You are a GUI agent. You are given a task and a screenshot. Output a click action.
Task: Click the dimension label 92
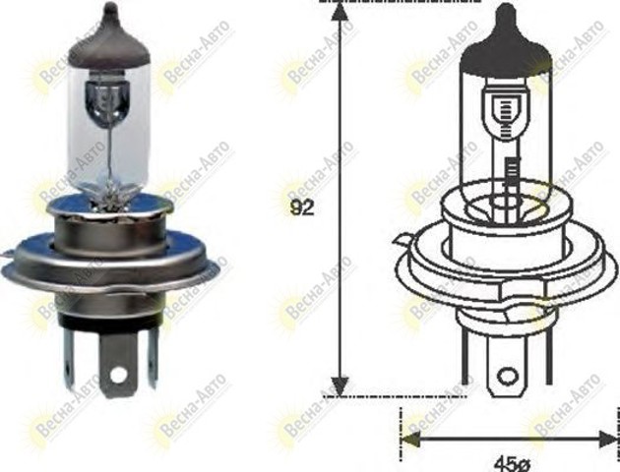click(x=302, y=208)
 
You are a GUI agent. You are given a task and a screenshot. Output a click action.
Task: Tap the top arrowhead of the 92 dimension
click(x=340, y=11)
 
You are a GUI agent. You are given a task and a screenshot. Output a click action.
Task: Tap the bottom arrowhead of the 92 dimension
click(x=340, y=386)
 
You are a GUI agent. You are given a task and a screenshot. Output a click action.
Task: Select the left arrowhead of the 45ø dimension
click(x=410, y=440)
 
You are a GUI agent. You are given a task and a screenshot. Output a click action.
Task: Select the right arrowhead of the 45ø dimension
click(x=608, y=440)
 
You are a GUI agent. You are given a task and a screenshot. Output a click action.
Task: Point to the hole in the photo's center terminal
click(x=118, y=374)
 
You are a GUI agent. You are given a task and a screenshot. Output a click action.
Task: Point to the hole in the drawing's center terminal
click(x=507, y=377)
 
